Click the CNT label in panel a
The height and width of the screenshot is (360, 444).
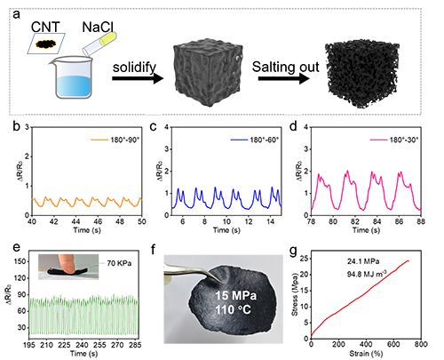[x=45, y=27]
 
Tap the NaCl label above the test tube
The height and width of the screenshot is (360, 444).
[x=98, y=27]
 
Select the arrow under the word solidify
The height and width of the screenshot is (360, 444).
[x=138, y=79]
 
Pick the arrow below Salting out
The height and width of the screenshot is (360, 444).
[x=284, y=79]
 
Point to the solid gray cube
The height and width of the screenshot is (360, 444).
[x=209, y=72]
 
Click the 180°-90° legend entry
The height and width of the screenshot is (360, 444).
[x=115, y=140]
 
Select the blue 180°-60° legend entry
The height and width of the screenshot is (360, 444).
[x=255, y=140]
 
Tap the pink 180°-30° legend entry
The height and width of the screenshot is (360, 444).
[x=394, y=140]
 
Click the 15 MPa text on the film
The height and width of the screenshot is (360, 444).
[x=236, y=295]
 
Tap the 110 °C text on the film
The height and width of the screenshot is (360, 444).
[x=234, y=310]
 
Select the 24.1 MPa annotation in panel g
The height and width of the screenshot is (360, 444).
[x=363, y=261]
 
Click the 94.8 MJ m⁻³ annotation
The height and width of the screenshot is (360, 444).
[x=367, y=275]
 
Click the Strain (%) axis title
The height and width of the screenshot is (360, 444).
[x=366, y=353]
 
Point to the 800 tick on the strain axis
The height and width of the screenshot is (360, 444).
[x=421, y=344]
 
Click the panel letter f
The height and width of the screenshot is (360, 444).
[x=153, y=250]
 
